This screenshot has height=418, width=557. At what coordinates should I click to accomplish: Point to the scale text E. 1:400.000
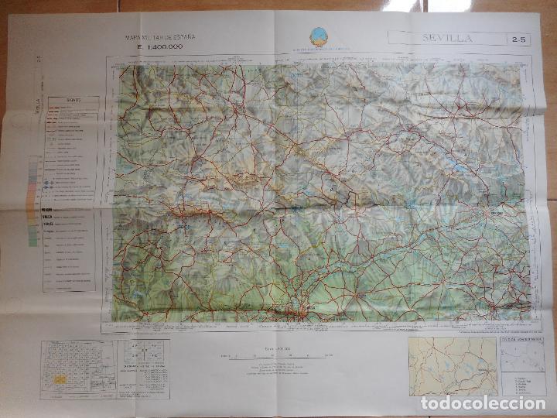(x=162, y=48)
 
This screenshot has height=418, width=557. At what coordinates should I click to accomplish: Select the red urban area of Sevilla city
(x=304, y=313)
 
